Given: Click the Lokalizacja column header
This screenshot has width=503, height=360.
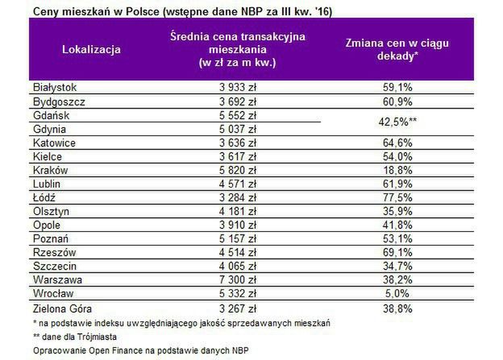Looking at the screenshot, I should click(91, 49).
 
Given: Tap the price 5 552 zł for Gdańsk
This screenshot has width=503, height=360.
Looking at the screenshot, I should click(237, 115).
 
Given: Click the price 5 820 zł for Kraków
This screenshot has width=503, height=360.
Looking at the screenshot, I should click(237, 171).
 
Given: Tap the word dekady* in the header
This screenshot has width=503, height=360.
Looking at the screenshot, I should click(397, 56).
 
